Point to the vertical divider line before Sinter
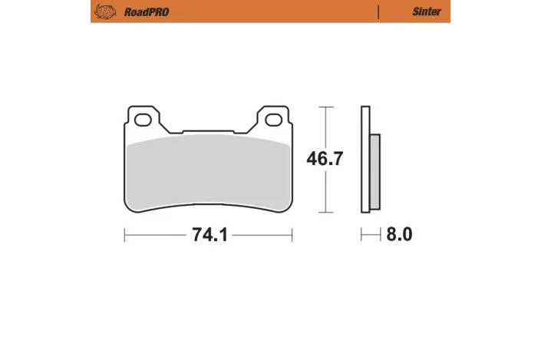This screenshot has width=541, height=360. tap(378, 12)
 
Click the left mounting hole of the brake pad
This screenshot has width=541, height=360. tap(141, 119)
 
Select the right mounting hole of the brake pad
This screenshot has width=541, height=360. tap(274, 119)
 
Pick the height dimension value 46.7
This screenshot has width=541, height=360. tap(325, 159)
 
